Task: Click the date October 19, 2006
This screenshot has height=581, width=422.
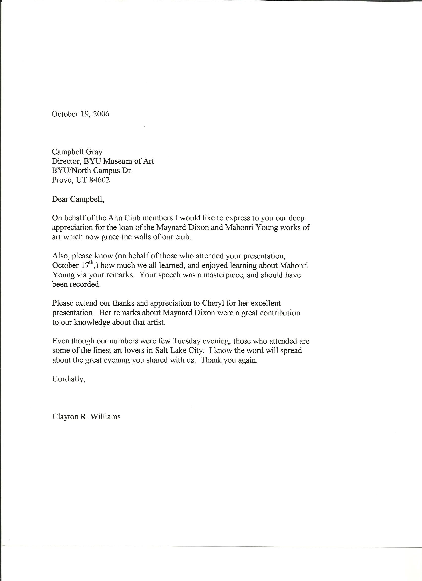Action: (x=80, y=114)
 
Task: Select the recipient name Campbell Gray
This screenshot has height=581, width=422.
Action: (x=77, y=152)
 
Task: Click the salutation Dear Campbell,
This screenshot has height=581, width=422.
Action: (x=78, y=199)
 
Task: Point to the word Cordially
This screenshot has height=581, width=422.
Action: (x=68, y=379)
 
